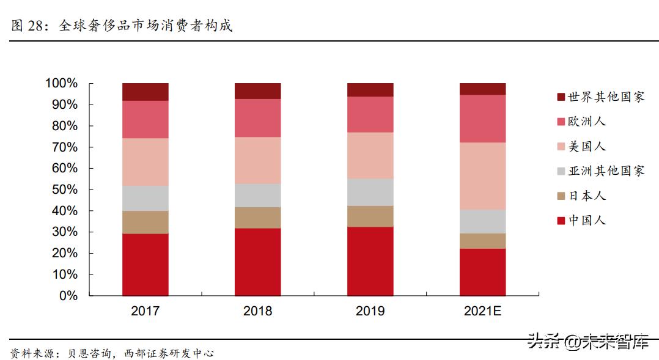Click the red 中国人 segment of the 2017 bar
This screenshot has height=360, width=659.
[x=145, y=264]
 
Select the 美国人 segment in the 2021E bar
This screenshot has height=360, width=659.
[x=482, y=176]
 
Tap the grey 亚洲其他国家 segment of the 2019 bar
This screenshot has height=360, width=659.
[x=370, y=192]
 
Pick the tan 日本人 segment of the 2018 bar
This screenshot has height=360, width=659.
[x=257, y=217]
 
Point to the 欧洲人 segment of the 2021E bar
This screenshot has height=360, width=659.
[x=482, y=119]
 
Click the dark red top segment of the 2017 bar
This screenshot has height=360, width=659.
[x=145, y=92]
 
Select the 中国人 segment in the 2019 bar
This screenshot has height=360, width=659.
[x=370, y=261]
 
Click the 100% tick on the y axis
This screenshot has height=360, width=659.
[x=61, y=83]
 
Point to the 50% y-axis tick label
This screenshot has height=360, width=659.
[x=64, y=189]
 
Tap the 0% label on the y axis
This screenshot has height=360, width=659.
[x=68, y=296]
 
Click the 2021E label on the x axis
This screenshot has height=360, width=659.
[x=482, y=311]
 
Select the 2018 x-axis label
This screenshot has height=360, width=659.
[x=257, y=311]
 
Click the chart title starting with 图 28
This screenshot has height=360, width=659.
[x=122, y=26]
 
